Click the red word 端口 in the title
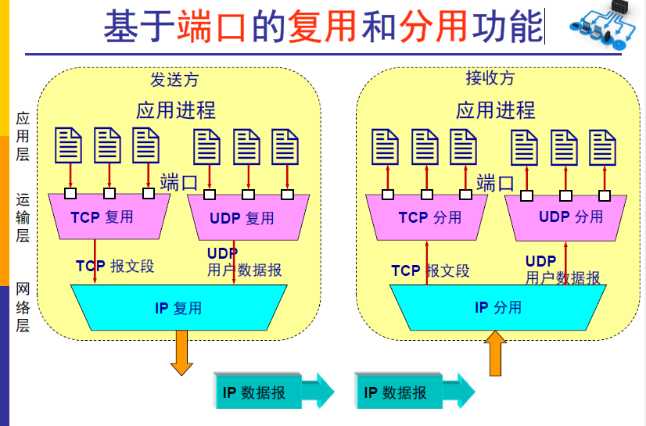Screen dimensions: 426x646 (x=210, y=26)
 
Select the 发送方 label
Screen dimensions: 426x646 (x=174, y=79)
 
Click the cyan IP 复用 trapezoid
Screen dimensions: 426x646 (x=178, y=308)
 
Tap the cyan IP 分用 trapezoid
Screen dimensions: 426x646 (x=497, y=307)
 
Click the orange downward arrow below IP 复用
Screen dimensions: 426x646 (x=181, y=352)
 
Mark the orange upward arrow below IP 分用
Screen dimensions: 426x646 (x=497, y=353)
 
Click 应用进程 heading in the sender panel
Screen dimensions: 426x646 (x=175, y=109)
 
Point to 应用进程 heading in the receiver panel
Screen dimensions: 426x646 (x=495, y=109)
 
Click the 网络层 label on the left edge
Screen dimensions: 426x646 (x=23, y=307)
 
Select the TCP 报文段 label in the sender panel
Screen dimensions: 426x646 (x=115, y=266)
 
